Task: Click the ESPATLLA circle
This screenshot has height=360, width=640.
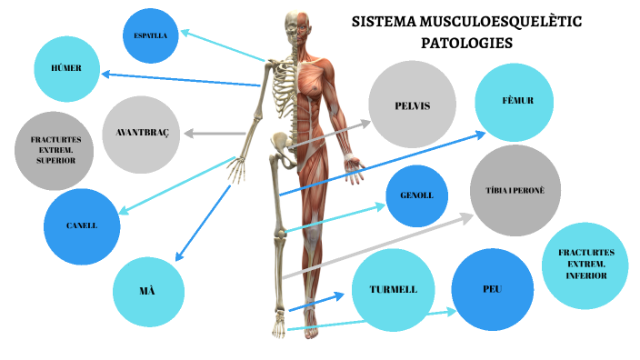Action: click(150, 35)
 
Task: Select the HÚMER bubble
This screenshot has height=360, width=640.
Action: click(65, 67)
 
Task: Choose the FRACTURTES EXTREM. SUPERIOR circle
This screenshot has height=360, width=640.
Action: click(55, 150)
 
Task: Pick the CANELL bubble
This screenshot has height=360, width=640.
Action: click(82, 225)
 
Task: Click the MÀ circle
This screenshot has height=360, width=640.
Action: click(148, 291)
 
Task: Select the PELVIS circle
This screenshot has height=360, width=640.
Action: click(411, 106)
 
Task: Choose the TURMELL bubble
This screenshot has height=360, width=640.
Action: click(393, 290)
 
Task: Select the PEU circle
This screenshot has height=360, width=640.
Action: click(492, 289)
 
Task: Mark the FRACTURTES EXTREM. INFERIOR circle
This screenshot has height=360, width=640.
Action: click(585, 263)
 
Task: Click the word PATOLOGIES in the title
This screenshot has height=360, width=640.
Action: click(466, 42)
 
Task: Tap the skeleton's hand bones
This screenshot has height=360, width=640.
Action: click(239, 173)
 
